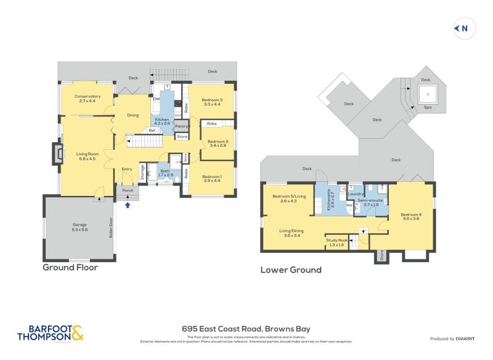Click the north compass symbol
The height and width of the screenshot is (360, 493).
pyautogui.click(x=462, y=28)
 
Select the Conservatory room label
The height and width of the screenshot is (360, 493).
pyautogui.click(x=86, y=97)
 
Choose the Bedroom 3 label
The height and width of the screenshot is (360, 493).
pyautogui.click(x=211, y=101)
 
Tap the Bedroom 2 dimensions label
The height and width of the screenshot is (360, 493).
pyautogui.click(x=218, y=145)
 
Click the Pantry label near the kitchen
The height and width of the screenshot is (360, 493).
pyautogui.click(x=181, y=126)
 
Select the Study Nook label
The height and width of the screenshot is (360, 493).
pyautogui.click(x=337, y=240)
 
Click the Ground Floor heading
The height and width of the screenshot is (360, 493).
pyautogui.click(x=70, y=268)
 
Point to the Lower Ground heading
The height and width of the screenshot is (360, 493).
pyautogui.click(x=291, y=269)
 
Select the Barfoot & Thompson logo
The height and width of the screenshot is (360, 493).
pyautogui.click(x=50, y=333)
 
